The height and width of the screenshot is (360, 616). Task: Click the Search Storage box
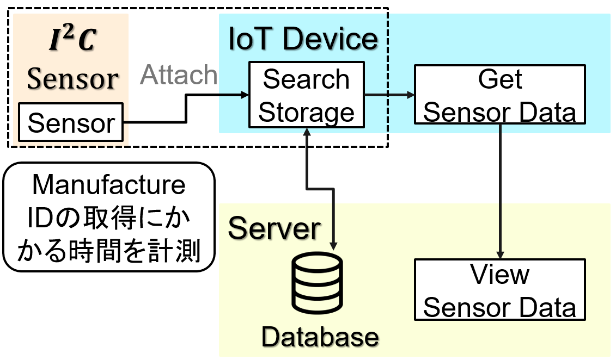pos(307,95)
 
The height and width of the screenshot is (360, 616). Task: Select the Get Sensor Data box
pos(499,95)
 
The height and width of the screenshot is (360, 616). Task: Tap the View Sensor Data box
pos(499,289)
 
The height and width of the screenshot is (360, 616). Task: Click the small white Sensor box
pos(71,122)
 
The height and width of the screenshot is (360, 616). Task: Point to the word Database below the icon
pos(320,337)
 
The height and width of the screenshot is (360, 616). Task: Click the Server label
pos(274,228)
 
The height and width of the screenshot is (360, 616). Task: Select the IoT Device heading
pos(303,39)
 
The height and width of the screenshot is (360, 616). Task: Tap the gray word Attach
pos(179,75)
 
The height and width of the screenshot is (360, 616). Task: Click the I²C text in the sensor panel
pos(72,39)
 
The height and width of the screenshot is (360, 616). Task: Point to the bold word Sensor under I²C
pos(72,78)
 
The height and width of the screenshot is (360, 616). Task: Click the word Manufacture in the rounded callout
pos(109,185)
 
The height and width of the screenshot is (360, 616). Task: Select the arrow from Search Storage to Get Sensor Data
pos(389,95)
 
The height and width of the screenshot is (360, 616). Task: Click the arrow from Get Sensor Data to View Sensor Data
pos(500,191)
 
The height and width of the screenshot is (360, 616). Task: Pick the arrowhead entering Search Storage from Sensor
pos(245,95)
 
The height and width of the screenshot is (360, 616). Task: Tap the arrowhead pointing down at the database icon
pos(333,246)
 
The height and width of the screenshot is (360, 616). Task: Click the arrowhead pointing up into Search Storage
pos(307,132)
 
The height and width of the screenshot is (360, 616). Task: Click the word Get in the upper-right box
pos(499,79)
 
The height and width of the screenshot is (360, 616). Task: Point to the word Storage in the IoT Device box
pos(307,113)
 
